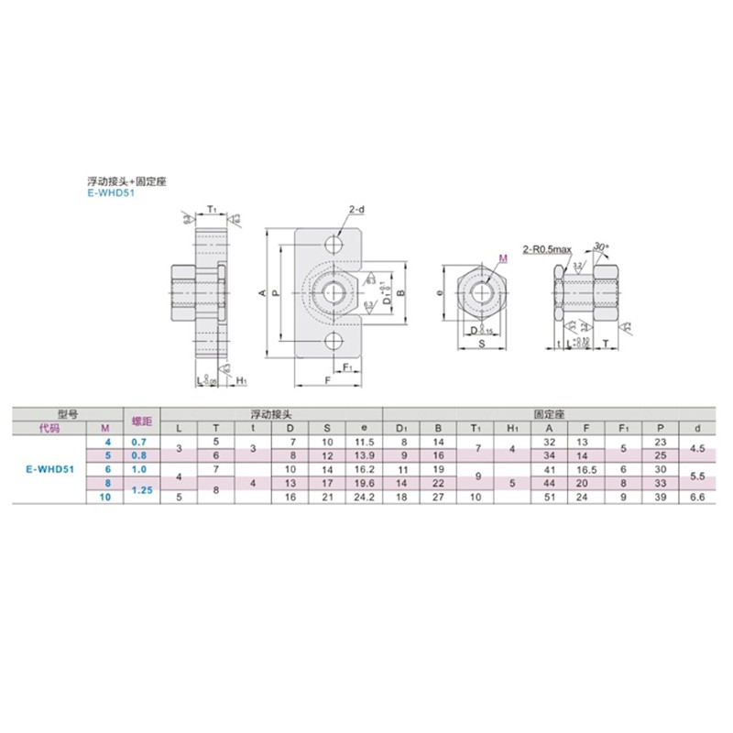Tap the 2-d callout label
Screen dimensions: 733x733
point(356,212)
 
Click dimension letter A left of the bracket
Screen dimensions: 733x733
point(262,293)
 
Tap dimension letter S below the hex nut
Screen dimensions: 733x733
point(480,346)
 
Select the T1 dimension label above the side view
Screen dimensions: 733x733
point(210,209)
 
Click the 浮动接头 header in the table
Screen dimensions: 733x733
point(271,414)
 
